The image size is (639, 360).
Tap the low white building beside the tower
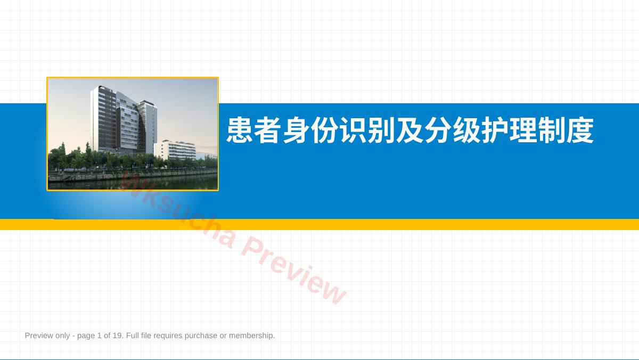coord(175,150)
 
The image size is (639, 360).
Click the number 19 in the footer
coord(117,336)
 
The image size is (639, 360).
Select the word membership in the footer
coord(251,336)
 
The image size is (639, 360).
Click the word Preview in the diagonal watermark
coord(294,269)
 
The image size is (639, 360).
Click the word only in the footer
coord(62,336)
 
